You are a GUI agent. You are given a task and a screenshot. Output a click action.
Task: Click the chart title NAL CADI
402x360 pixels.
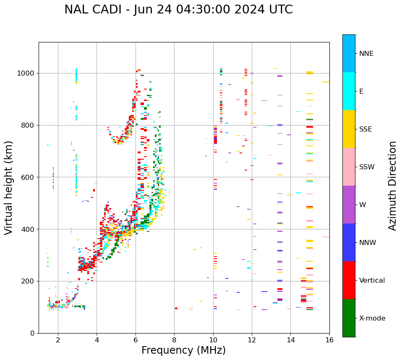pos(178,10)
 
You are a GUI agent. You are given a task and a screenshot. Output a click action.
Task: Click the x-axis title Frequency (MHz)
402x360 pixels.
pos(183,350)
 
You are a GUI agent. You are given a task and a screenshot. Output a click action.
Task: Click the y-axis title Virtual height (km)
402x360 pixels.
pos(9,187)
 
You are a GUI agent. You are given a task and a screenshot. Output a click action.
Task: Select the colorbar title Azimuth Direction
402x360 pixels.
pos(392,185)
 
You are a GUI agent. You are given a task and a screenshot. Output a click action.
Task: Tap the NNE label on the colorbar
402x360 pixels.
pos(366,54)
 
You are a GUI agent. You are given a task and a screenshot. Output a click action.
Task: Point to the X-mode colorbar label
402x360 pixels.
pos(372,318)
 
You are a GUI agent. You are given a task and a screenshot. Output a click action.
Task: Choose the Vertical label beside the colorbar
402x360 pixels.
pos(372,281)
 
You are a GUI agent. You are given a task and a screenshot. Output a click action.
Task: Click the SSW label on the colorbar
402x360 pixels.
pos(367,167)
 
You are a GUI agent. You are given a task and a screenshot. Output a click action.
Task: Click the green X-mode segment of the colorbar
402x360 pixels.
pos(349,318)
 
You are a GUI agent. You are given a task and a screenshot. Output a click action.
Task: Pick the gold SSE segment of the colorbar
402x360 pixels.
pos(349,129)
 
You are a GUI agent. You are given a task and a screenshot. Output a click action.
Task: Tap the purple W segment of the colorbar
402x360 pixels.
pos(349,205)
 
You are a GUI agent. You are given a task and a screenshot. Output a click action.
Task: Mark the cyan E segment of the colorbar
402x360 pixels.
pos(349,91)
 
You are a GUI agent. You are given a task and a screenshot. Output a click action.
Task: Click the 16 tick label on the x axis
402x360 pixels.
pos(329,340)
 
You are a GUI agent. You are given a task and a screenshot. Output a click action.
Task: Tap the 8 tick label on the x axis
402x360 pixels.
pos(174,340)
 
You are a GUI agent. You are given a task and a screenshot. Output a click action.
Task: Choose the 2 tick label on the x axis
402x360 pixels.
pos(58,340)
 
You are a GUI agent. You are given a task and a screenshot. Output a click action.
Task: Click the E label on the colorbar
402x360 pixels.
pos(361,92)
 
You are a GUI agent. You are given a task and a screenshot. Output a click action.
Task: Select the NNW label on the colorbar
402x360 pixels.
pos(368,243)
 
